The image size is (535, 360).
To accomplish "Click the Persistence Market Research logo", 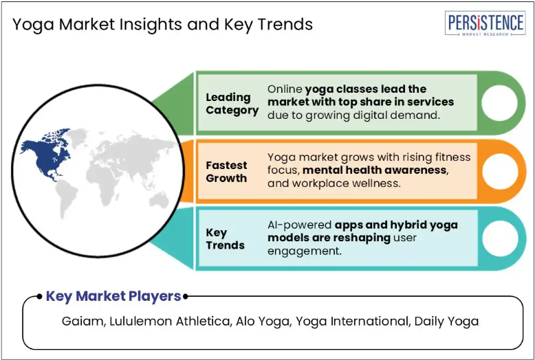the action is point(485,23).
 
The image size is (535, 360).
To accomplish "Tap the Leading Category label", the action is point(232,104).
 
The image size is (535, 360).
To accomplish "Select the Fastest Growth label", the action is point(226,172).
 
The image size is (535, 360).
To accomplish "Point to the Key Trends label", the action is point(225,238).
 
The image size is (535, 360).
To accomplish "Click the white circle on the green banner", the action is point(499,102).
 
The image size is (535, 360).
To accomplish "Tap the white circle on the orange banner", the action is point(500,171).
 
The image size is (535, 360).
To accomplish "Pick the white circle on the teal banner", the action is point(500,238).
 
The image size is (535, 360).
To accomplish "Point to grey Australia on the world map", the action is point(160,200).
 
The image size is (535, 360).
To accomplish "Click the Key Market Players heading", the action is point(113,296).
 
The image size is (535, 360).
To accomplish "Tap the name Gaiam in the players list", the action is point(83,321).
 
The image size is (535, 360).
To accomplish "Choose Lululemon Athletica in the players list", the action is point(170,321).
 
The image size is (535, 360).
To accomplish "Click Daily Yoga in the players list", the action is point(446,322).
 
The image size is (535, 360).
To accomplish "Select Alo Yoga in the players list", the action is point(263,322).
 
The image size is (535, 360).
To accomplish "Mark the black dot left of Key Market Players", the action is point(39,296).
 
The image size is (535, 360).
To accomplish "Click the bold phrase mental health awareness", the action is point(375,170).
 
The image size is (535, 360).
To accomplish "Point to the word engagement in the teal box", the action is point(304,251).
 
